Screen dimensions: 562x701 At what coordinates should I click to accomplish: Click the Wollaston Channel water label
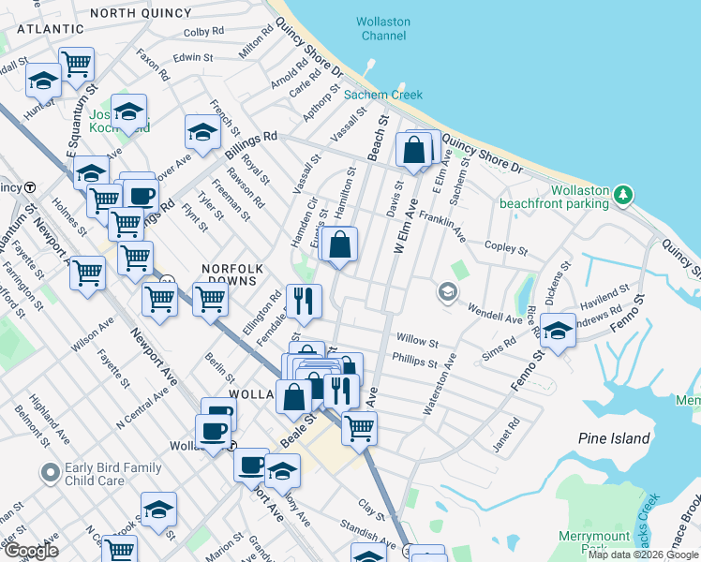[381, 29]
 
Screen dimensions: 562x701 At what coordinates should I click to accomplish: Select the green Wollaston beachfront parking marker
[623, 195]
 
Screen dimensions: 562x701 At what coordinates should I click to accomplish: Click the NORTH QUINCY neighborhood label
[140, 12]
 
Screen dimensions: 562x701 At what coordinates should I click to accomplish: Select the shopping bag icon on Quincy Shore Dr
[414, 150]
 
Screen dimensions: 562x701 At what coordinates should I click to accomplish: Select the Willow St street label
[418, 342]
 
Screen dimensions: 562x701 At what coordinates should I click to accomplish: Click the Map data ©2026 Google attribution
[643, 555]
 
